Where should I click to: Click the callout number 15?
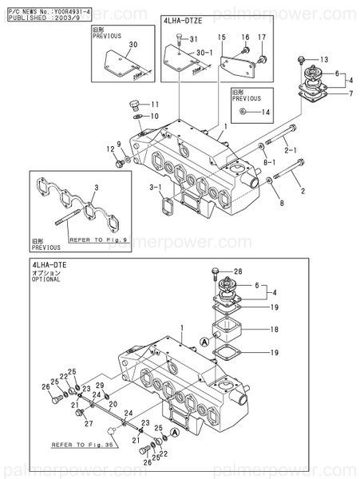point(222,38)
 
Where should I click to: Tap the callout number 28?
point(238,272)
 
